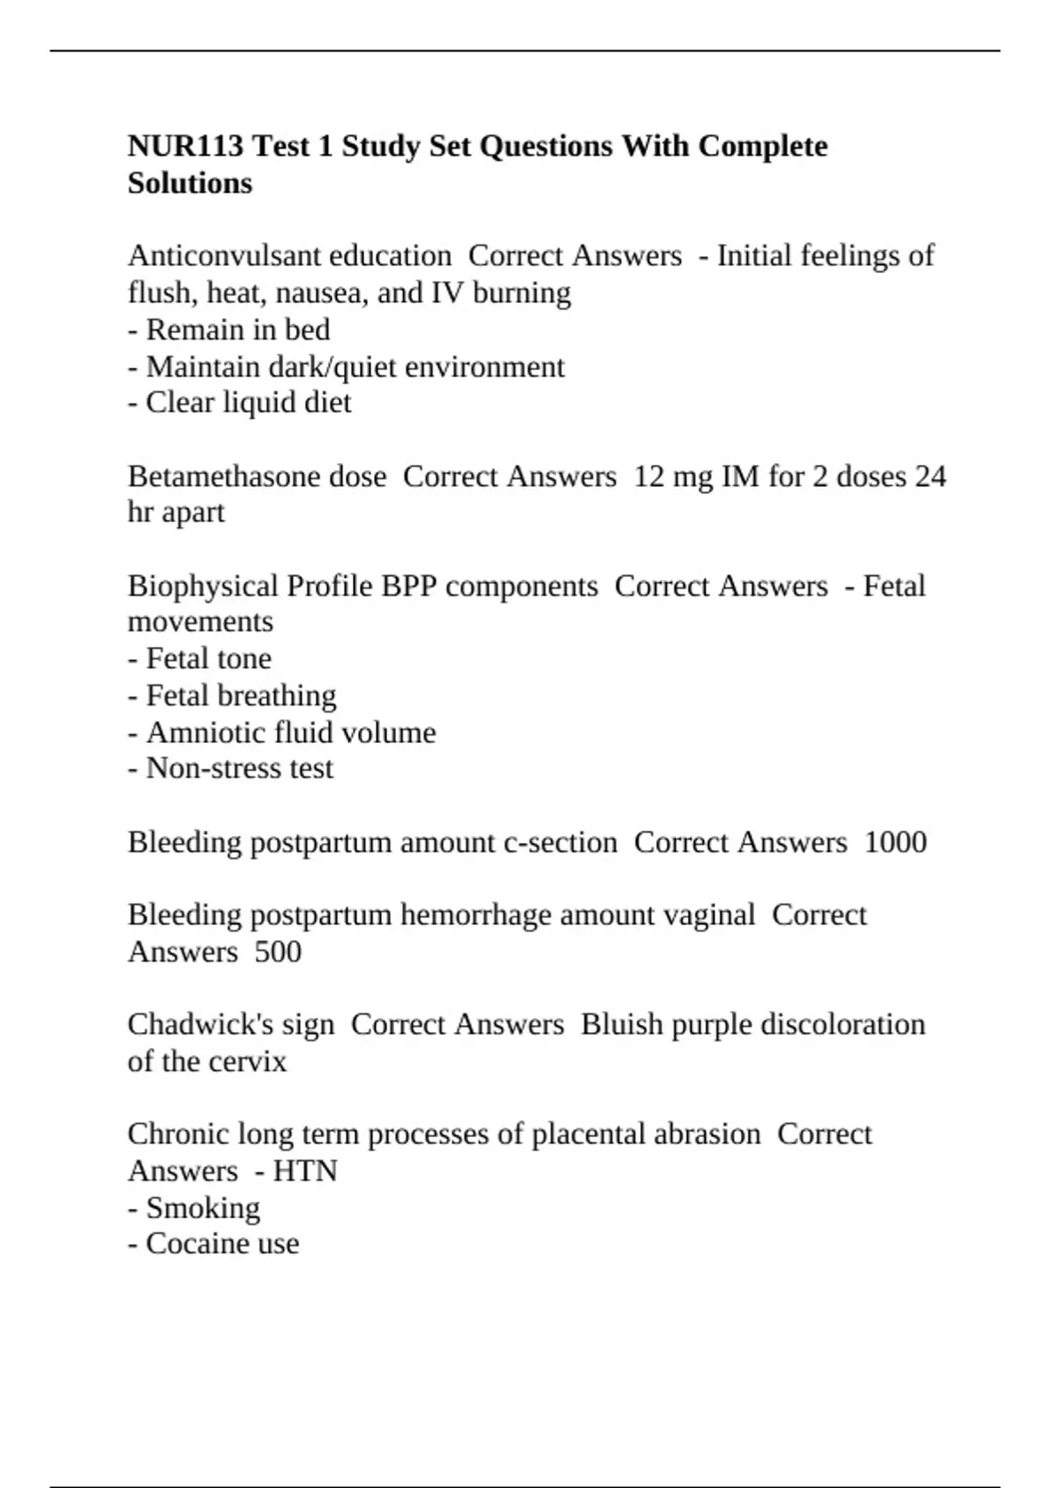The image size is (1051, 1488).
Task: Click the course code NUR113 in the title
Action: (185, 146)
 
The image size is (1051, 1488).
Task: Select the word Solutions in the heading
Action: (190, 184)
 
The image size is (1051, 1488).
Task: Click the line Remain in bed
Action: (229, 330)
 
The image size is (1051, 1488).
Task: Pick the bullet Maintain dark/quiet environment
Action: (347, 367)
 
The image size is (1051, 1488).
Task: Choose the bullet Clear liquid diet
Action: (240, 403)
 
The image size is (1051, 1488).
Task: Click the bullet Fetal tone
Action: (201, 658)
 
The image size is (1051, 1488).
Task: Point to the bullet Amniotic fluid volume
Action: (282, 732)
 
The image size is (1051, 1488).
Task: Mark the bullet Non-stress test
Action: (231, 769)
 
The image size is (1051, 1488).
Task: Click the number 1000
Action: (895, 842)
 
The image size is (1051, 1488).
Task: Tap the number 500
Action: (278, 951)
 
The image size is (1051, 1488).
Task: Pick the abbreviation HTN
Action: (305, 1171)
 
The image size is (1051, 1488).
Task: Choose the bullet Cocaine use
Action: (214, 1244)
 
